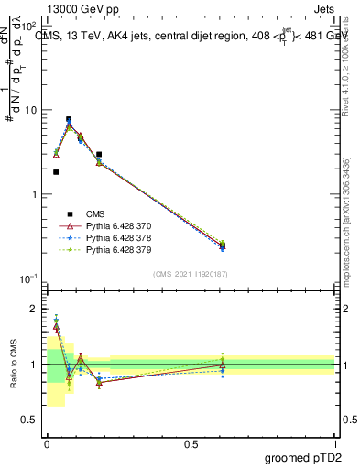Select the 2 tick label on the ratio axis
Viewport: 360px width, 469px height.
[33, 309]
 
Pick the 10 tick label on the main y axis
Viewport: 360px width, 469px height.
[28, 110]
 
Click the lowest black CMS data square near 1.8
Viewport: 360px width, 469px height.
[56, 172]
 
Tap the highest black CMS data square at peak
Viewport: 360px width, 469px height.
[69, 119]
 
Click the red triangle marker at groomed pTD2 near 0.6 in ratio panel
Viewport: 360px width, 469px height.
[223, 365]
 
